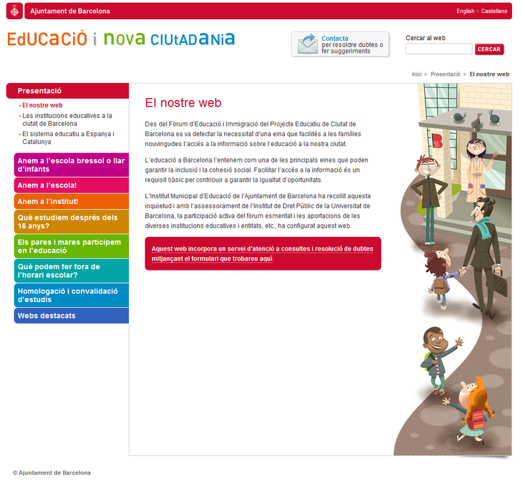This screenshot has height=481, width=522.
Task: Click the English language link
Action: pyautogui.click(x=465, y=11)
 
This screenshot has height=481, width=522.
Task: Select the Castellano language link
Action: pyautogui.click(x=494, y=11)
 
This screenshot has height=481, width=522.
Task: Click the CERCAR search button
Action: pyautogui.click(x=488, y=49)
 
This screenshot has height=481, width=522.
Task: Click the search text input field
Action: pyautogui.click(x=439, y=49)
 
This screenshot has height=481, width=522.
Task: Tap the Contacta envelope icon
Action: pyautogui.click(x=307, y=44)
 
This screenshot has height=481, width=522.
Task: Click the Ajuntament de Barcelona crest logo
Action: pyautogui.click(x=16, y=11)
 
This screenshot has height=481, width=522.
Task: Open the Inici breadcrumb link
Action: pyautogui.click(x=416, y=74)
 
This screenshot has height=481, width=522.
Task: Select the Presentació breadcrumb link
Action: pyautogui.click(x=446, y=74)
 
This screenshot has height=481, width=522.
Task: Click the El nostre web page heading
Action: pyautogui.click(x=183, y=103)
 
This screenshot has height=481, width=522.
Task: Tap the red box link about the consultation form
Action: pyautogui.click(x=262, y=253)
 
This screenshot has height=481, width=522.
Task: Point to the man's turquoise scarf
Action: pyautogui.click(x=484, y=228)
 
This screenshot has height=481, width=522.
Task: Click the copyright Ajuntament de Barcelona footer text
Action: pyautogui.click(x=52, y=472)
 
